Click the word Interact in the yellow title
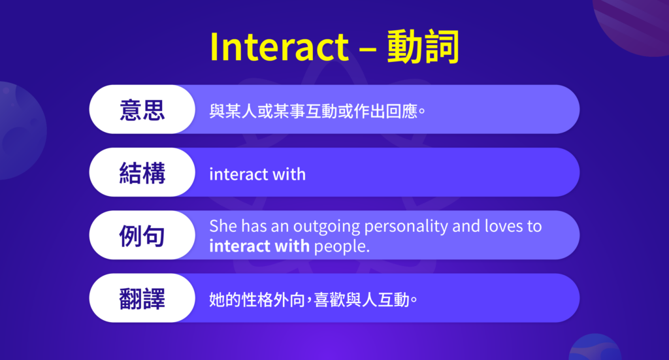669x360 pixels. [279, 46]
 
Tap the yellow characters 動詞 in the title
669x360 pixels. [423, 46]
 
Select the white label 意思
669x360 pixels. [142, 109]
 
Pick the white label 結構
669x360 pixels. [142, 172]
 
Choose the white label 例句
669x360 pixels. [142, 236]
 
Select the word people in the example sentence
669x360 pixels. [340, 247]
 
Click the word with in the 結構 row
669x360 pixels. [289, 174]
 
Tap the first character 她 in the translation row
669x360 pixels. [216, 301]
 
